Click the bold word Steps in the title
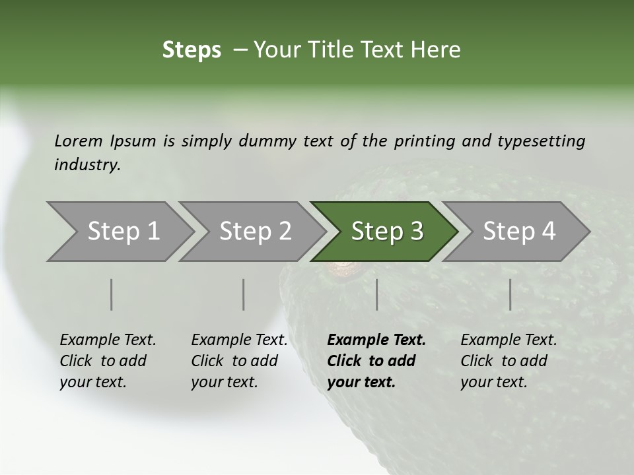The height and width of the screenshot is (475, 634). coord(192,50)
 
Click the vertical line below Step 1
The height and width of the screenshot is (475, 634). coord(112,294)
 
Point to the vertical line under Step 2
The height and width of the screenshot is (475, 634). coord(244,294)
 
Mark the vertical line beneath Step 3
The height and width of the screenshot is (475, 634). coord(376,294)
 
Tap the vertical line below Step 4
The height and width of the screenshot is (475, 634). coord(510,294)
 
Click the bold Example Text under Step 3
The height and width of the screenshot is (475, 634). coord(376,360)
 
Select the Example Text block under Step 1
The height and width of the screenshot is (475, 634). coord(108,360)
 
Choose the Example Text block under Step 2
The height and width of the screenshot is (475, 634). coord(239,360)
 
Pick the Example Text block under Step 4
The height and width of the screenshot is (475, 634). coord(509,360)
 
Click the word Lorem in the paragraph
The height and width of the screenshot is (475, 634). coord(78,141)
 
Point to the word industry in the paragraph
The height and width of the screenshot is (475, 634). coord(87,165)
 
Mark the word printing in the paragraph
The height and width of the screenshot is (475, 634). coord(423,141)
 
